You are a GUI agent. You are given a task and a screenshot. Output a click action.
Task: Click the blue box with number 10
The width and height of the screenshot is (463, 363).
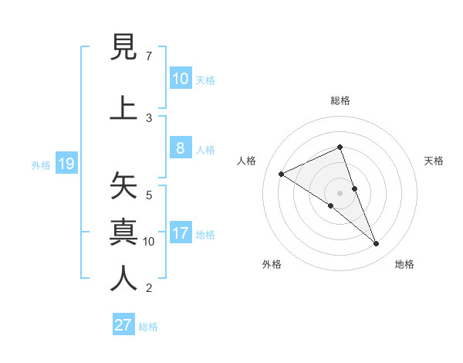click(180, 78)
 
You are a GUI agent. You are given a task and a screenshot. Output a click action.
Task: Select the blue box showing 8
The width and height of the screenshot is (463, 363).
click(180, 148)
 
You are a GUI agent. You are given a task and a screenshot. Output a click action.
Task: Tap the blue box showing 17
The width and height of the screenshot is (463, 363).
click(180, 233)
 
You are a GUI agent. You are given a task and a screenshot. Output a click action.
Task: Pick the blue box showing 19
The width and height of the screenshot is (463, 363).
click(66, 164)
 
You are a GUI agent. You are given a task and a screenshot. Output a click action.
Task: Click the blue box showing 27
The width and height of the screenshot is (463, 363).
click(123, 324)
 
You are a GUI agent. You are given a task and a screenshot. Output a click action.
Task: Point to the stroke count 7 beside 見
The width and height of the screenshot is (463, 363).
click(149, 56)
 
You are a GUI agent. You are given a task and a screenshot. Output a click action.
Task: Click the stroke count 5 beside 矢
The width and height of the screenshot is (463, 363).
click(149, 195)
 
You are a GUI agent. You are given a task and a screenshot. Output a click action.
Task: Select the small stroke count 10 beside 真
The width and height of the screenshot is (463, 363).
click(149, 241)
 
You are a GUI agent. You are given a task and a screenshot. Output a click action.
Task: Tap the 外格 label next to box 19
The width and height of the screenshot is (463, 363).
click(40, 165)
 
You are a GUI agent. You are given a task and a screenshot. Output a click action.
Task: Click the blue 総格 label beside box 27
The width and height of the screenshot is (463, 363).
click(148, 327)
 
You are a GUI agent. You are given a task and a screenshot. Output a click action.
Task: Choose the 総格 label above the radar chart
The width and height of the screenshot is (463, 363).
click(340, 100)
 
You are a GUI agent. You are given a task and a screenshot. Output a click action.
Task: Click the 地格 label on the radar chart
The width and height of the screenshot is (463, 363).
click(404, 264)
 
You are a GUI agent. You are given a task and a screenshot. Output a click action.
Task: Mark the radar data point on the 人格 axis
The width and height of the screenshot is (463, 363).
click(281, 175)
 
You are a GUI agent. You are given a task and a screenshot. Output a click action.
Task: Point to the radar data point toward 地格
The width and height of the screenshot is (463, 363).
click(377, 244)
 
